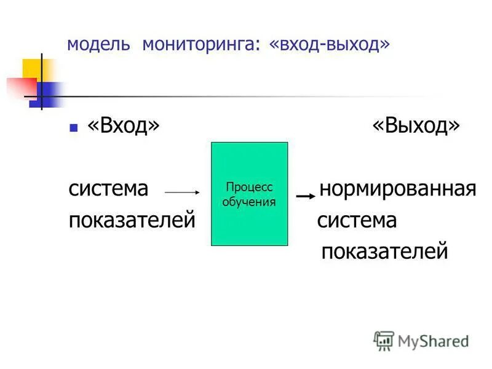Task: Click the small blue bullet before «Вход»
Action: click(x=74, y=128)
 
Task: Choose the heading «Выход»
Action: click(x=416, y=126)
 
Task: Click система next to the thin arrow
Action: click(x=108, y=189)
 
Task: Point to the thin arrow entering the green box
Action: click(x=183, y=192)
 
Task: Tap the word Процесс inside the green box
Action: click(x=249, y=188)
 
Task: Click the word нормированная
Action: click(x=398, y=189)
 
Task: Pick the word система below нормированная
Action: click(x=357, y=220)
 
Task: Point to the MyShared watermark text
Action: click(x=433, y=340)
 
